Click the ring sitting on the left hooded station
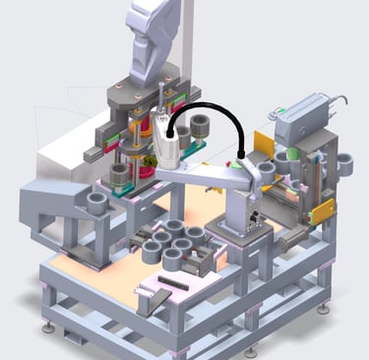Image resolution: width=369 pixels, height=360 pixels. [97, 204]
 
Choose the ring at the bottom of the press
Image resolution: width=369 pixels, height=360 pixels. [120, 175]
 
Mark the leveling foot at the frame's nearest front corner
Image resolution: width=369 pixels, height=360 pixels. [250, 351]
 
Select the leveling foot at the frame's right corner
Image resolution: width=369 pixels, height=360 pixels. [324, 308]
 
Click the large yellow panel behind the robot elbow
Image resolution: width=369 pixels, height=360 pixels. [261, 147]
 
